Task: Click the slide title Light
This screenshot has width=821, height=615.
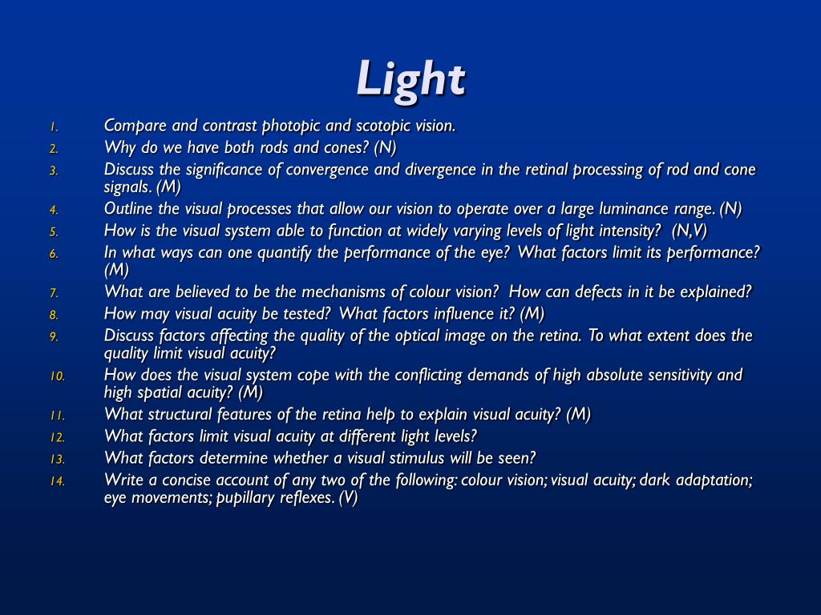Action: [410, 78]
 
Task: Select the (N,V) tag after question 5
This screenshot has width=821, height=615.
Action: [690, 231]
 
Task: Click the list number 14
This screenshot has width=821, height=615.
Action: [58, 481]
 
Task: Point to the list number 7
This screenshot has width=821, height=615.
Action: [54, 293]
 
